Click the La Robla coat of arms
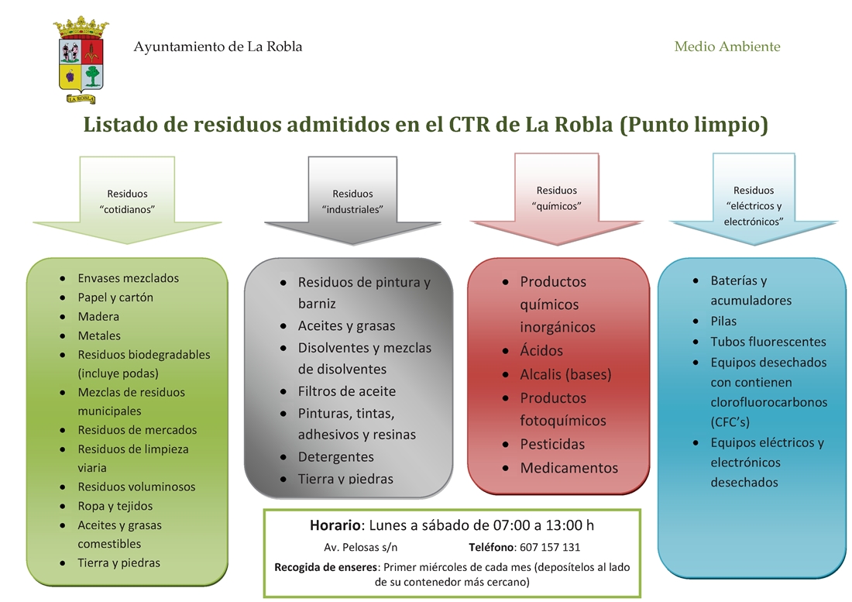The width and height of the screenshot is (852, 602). pos(81,60)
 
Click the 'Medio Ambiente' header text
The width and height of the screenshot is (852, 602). pos(727,46)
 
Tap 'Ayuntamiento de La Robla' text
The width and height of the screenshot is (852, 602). pos(218,46)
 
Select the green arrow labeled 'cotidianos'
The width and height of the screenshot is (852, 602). pos(127,201)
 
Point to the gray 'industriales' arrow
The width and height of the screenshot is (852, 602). pos(352,201)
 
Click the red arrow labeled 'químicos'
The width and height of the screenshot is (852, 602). pos(557,198)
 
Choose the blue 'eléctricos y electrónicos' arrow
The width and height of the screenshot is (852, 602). pos(754,198)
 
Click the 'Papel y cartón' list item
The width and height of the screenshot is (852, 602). pos(115,298)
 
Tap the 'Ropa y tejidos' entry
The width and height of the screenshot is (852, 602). pos(115,506)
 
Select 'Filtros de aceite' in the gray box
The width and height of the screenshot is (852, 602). pos(347,391)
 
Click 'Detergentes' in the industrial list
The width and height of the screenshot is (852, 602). pos(336,457)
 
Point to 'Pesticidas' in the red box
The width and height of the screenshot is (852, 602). pos(552,444)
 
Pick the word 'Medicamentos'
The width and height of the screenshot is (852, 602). pos(569,468)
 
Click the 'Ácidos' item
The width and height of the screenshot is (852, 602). pos(541,350)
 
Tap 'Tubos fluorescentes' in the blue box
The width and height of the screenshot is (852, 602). pos(768,342)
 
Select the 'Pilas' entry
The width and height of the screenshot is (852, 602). pos(723,321)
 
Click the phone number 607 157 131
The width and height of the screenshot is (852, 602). pos(550,547)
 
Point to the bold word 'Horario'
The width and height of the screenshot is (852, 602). pos(335,525)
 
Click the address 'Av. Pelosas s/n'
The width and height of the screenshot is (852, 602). pos(361,547)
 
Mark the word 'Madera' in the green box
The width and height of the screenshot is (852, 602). pos(98,316)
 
